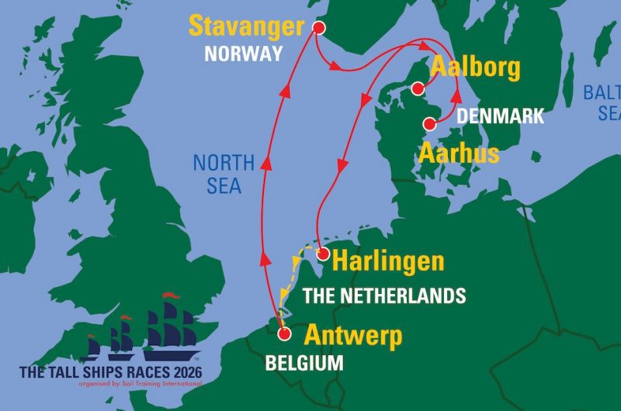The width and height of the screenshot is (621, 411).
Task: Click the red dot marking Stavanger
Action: coord(317,27)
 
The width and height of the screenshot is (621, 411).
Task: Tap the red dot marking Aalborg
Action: coord(418,88)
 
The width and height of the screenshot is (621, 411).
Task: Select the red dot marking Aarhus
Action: coord(428,123)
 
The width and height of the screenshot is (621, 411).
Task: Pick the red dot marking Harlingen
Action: coord(324,254)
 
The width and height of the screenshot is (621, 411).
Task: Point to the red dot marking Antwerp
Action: coord(284,334)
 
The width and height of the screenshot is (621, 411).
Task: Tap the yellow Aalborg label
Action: coord(475,68)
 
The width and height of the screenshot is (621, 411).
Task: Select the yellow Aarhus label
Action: coord(459,153)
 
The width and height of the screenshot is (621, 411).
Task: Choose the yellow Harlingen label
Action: coord(387,261)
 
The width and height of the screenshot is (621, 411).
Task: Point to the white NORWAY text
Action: coord(244,55)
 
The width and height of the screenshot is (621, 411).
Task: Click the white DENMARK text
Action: coord(500,116)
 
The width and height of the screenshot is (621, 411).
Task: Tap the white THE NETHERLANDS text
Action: coord(383,295)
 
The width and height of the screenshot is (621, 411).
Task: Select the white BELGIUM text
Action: coord(304,362)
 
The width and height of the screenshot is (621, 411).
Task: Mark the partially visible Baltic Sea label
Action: coord(602,103)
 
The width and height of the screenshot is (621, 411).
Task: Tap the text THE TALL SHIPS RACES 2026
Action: coord(111,372)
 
